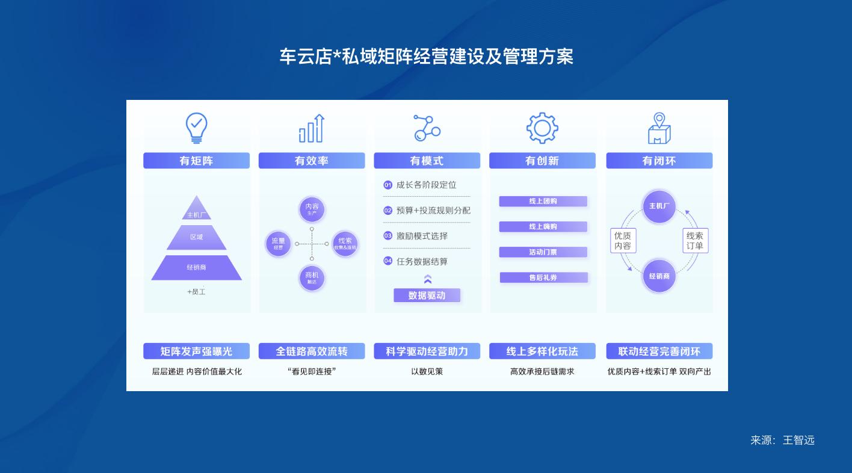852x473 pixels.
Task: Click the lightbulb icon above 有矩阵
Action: coord(196,128)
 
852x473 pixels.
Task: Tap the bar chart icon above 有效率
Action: coord(312,128)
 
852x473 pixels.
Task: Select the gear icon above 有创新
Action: coord(542,128)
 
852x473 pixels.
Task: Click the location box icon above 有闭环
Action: coord(659,128)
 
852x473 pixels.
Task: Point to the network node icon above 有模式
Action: coord(427,128)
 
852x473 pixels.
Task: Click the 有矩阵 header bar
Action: coord(196,161)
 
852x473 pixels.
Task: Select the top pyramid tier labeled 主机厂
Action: coord(197,212)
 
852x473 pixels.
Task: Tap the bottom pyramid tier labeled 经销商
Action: coord(196,267)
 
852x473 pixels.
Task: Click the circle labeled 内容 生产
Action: coord(312,209)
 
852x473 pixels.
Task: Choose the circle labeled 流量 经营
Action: coord(278,244)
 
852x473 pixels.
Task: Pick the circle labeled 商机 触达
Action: coord(312,277)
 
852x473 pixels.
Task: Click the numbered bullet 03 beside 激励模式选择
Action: coord(388,236)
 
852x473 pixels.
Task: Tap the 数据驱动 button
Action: coord(427,295)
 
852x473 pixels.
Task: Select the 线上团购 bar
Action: coord(543,202)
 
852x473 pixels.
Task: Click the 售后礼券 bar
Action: coord(543,277)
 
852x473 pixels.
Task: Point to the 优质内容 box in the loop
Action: coord(623,241)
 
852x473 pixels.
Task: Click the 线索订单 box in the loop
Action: coord(695,241)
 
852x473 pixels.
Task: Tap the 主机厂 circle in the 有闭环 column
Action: coord(659,206)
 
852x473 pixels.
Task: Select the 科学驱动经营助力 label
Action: coord(427,351)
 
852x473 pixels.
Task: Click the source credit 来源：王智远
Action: coord(782,441)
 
